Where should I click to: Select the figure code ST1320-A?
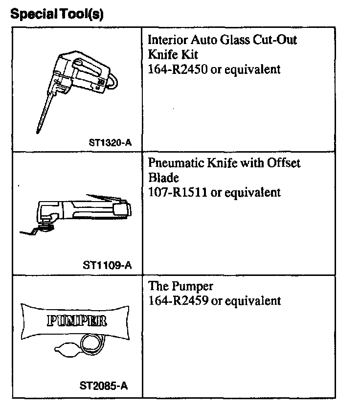coord(111,143)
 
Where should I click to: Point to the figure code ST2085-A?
coord(104,386)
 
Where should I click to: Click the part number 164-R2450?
coord(178,69)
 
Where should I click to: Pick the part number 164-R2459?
coord(178,300)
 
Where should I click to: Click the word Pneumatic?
coord(173,163)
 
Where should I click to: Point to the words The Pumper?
coord(180,286)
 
